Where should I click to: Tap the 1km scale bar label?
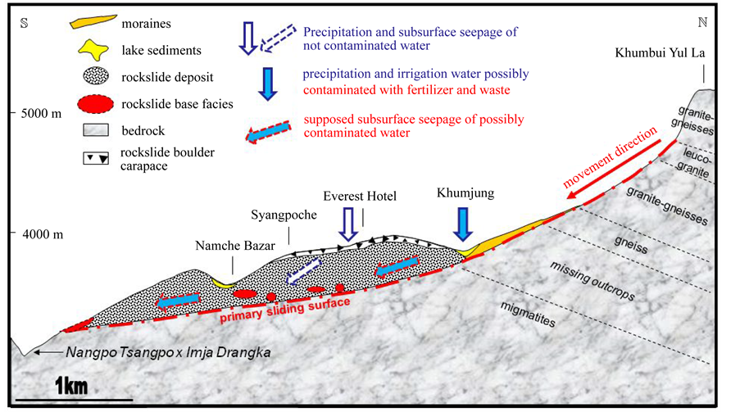click(x=73, y=384)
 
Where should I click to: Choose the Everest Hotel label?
click(x=360, y=197)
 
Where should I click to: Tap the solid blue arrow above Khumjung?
click(x=465, y=223)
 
